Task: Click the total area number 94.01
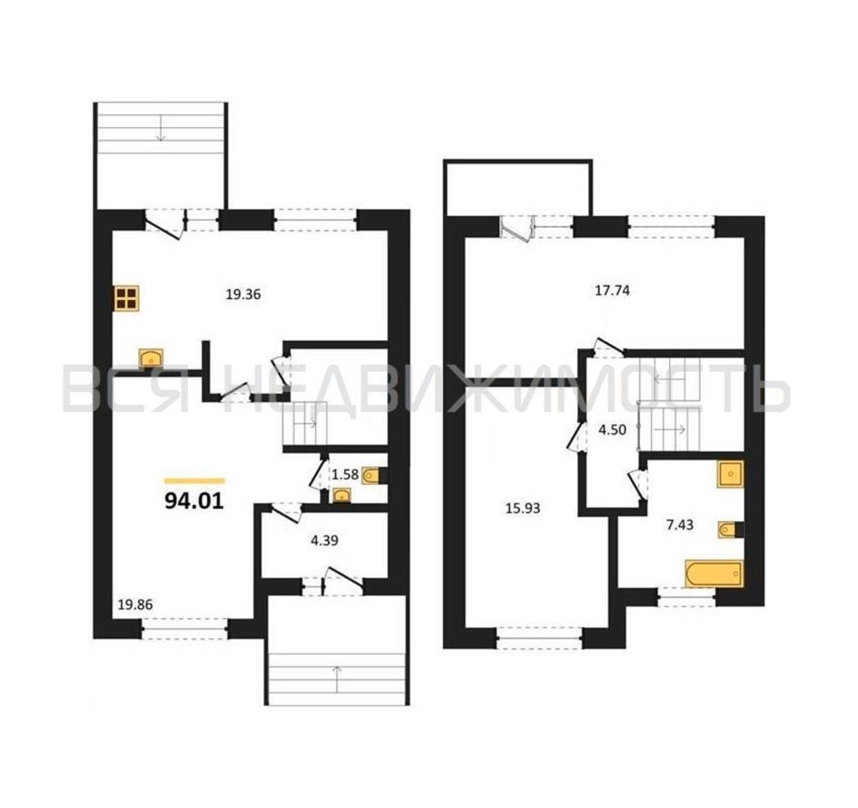[194, 501]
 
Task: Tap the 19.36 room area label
[243, 295]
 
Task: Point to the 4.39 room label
[325, 540]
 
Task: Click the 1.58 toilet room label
[345, 475]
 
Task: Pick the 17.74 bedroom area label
[613, 290]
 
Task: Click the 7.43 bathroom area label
[680, 525]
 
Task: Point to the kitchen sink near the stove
[151, 358]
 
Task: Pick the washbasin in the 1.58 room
[342, 495]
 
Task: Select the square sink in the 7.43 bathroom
[730, 474]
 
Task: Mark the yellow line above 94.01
[195, 481]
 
